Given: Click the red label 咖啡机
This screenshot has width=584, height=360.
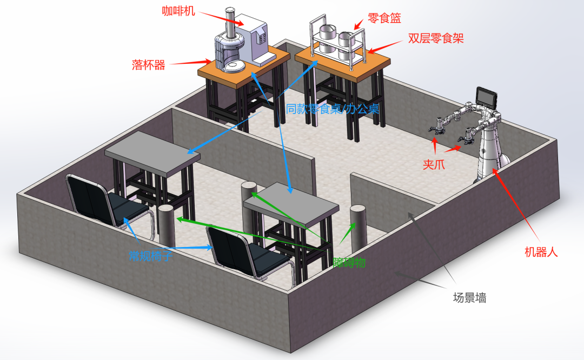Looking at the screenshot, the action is click(x=178, y=11).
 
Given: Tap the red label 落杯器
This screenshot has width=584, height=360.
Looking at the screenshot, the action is click(x=148, y=65).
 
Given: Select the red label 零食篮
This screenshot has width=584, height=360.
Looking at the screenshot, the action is click(x=384, y=18).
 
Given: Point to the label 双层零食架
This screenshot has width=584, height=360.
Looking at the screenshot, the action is click(x=436, y=38).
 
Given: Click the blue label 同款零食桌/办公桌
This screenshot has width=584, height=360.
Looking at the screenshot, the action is click(x=333, y=109).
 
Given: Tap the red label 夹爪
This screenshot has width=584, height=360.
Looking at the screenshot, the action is click(x=434, y=164).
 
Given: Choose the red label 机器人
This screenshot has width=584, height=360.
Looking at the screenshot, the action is click(x=541, y=252).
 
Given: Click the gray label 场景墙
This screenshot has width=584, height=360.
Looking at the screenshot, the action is click(x=469, y=298).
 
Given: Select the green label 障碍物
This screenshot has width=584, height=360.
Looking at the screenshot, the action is click(x=349, y=263).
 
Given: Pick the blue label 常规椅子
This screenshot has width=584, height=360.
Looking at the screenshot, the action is click(x=150, y=256).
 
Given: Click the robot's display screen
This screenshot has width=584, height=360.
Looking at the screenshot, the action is click(x=487, y=98).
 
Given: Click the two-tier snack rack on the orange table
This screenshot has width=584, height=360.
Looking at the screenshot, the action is click(x=337, y=43).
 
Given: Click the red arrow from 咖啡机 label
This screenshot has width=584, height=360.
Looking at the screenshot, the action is click(x=221, y=18).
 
